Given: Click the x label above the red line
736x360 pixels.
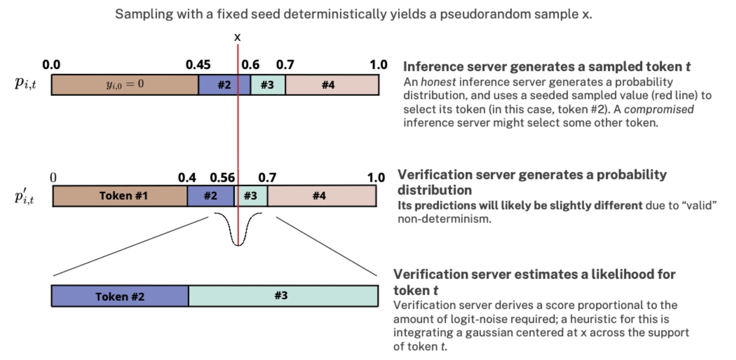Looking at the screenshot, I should pyautogui.click(x=237, y=37).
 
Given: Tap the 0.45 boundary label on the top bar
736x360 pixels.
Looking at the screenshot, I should pyautogui.click(x=198, y=64).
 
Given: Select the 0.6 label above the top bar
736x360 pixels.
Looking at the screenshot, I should pyautogui.click(x=250, y=64).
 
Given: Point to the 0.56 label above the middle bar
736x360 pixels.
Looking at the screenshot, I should pyautogui.click(x=222, y=177).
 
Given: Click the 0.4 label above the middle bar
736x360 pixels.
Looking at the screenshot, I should pyautogui.click(x=187, y=177).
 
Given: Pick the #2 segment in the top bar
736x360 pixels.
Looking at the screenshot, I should pyautogui.click(x=224, y=85).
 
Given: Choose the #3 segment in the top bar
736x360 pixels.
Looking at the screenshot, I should pyautogui.click(x=267, y=85).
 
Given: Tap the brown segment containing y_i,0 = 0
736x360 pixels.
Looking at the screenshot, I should pyautogui.click(x=125, y=85).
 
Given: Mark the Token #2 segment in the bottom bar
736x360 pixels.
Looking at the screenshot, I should pyautogui.click(x=120, y=296).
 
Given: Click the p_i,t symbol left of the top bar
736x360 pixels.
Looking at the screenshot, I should pyautogui.click(x=25, y=83).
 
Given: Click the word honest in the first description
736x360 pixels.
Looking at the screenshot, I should pyautogui.click(x=438, y=82).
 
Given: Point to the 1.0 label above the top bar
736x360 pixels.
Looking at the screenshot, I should pyautogui.click(x=378, y=64).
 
